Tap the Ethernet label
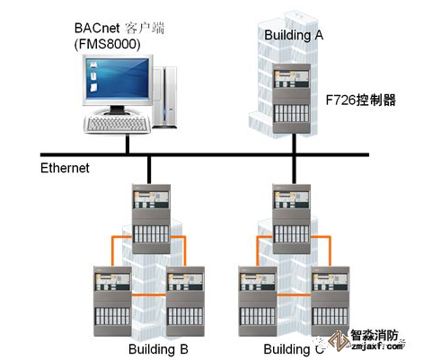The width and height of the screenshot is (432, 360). [x=66, y=168]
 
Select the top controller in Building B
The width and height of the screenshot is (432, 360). [x=149, y=214]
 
